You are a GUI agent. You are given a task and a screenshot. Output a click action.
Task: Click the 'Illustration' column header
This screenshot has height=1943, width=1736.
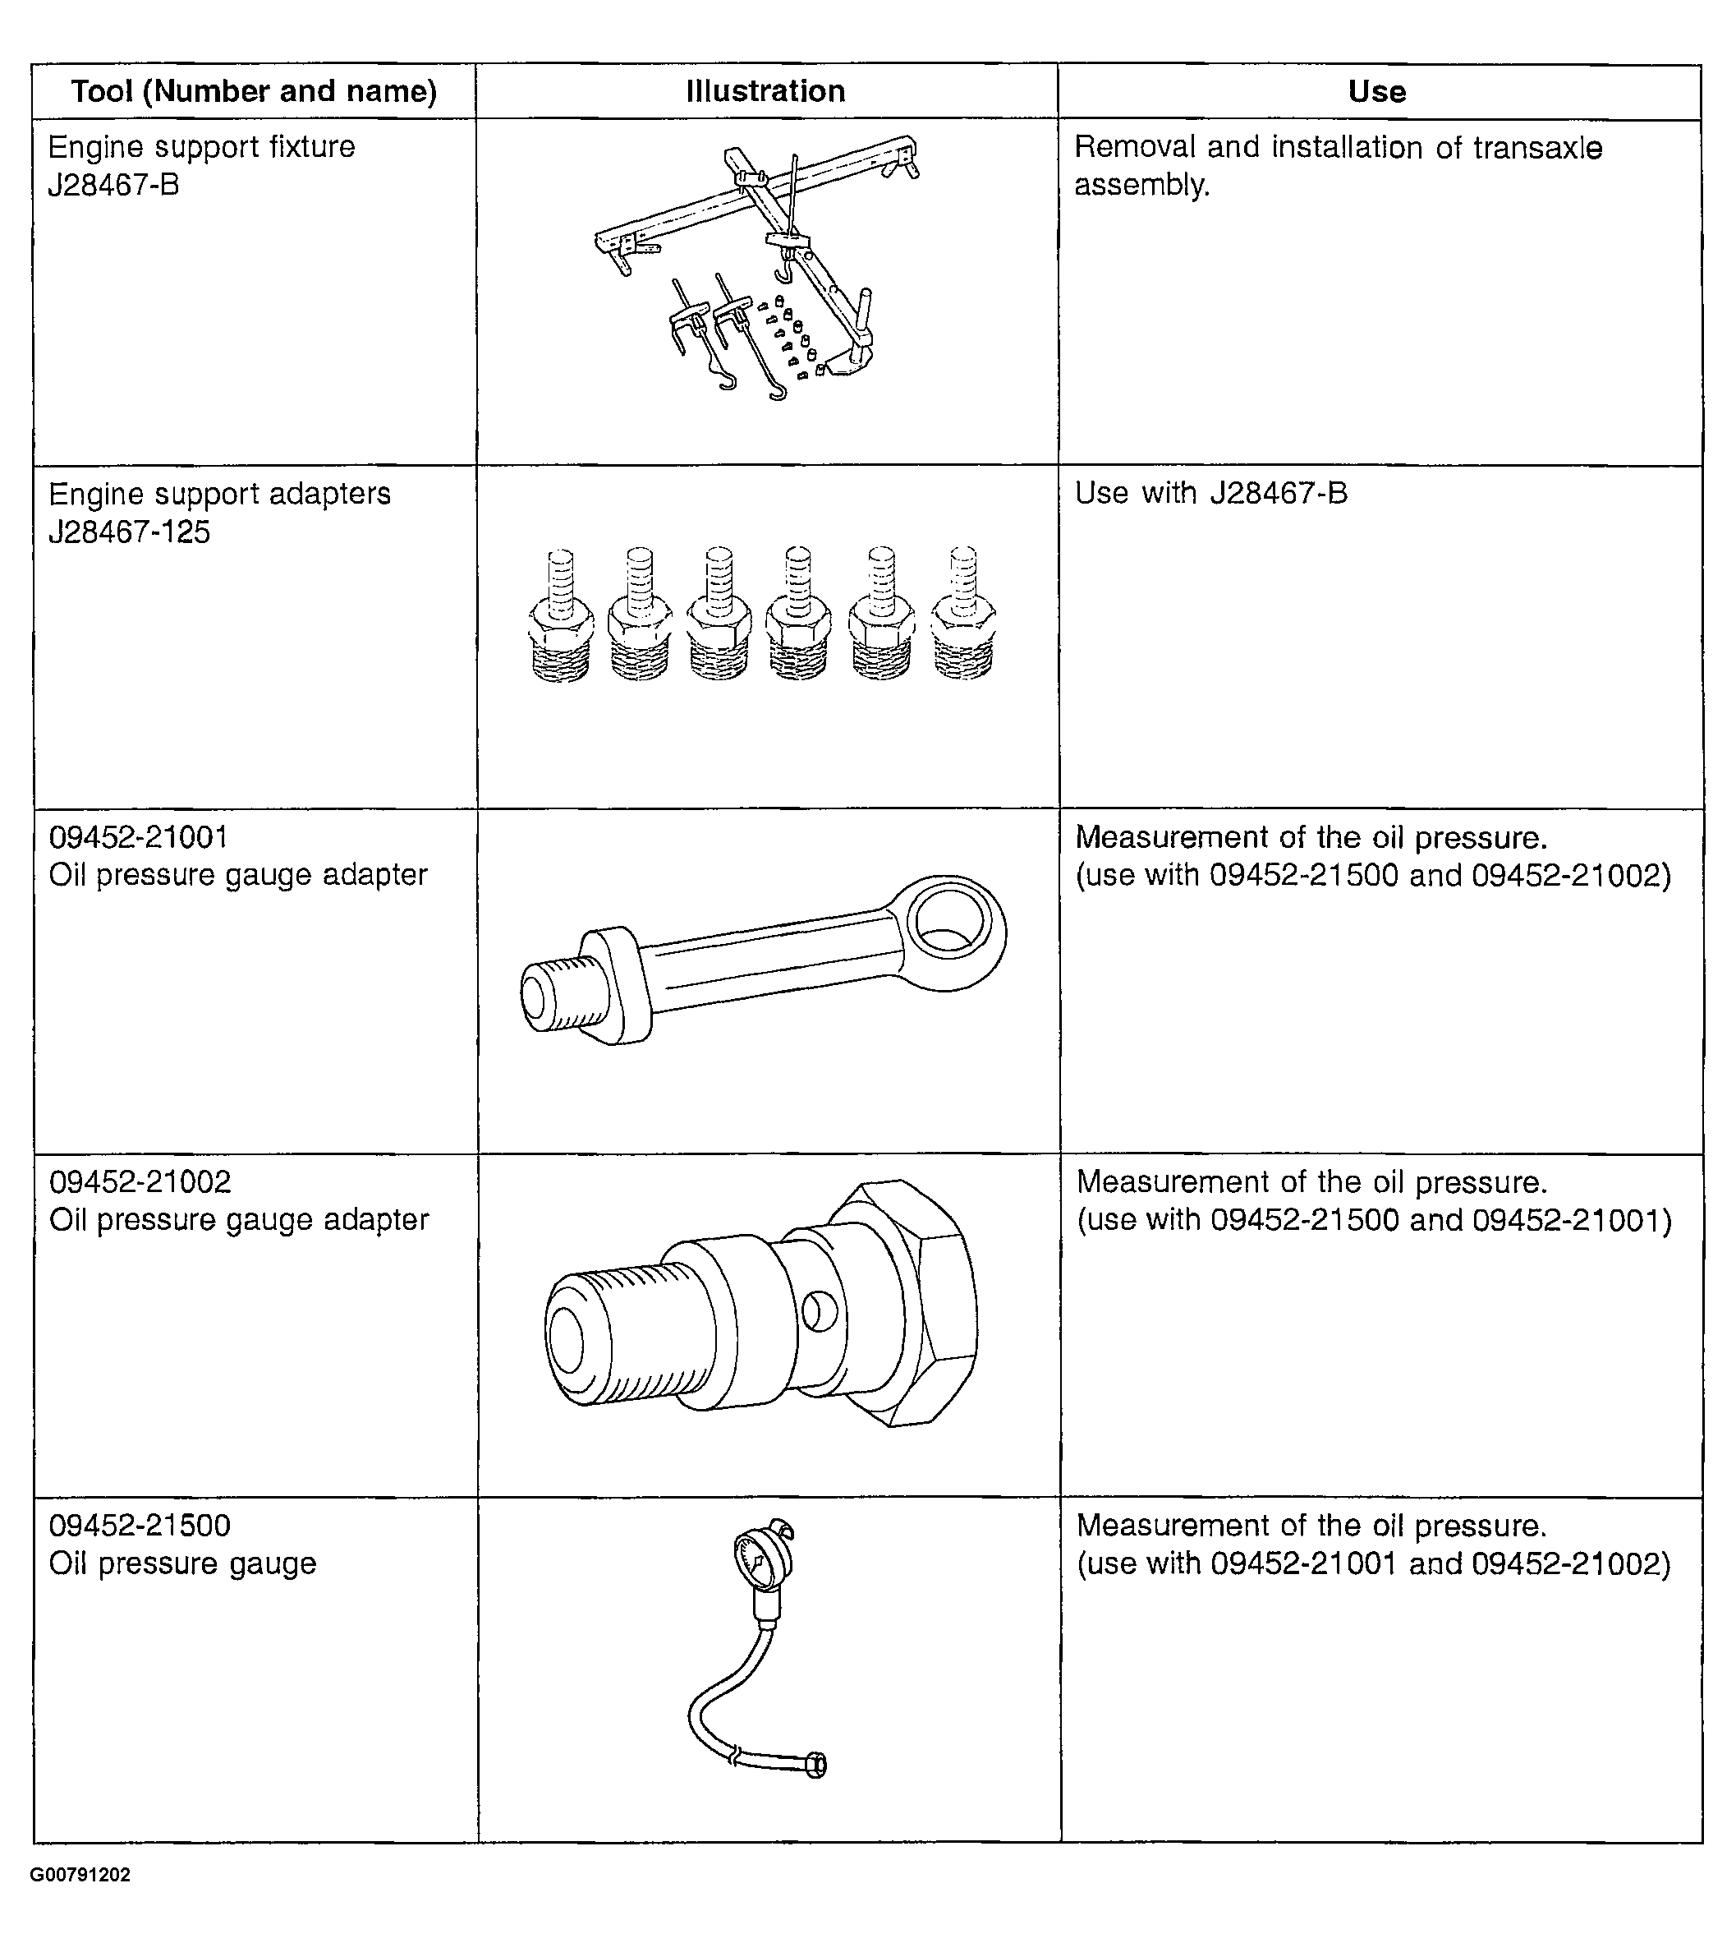click(x=765, y=92)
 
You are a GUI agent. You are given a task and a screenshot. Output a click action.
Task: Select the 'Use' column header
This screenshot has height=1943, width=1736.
click(x=1376, y=92)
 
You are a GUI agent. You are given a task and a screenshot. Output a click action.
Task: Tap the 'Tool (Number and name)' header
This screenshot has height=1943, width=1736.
click(x=254, y=92)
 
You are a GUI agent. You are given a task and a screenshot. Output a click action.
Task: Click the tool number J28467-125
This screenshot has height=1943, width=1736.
click(x=130, y=532)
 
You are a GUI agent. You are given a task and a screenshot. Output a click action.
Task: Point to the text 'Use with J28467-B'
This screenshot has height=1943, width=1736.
click(x=1211, y=494)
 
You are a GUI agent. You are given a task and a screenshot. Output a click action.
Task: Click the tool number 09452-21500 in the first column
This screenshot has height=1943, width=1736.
click(x=140, y=1526)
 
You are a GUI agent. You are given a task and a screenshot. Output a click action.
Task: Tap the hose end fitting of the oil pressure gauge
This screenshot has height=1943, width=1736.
click(x=815, y=1766)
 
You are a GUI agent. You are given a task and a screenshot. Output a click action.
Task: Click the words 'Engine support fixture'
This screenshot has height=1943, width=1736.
click(x=201, y=147)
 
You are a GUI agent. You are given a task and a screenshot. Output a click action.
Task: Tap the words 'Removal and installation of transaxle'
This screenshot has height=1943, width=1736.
click(x=1339, y=148)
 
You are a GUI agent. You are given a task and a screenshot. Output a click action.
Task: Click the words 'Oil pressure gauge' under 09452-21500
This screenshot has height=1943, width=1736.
click(x=182, y=1564)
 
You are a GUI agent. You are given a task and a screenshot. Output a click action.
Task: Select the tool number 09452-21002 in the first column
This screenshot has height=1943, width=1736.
click(x=140, y=1182)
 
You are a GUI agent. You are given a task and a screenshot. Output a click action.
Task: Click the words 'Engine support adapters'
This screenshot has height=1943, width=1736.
click(x=219, y=495)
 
